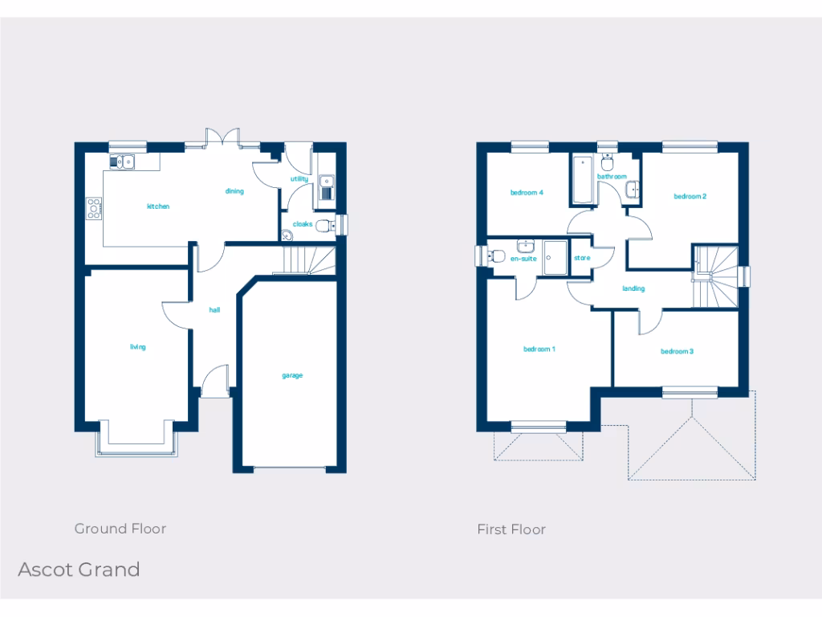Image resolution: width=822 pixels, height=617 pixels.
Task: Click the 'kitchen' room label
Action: pos(158,206)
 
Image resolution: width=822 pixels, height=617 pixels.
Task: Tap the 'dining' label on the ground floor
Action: pos(234,191)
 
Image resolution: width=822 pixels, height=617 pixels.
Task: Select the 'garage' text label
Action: pos(292,375)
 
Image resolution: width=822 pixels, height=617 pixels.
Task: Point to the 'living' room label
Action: pos(137,347)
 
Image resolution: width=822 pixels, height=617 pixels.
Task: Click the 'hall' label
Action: pos(214,309)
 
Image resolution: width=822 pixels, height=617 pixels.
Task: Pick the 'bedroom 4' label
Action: pos(527,193)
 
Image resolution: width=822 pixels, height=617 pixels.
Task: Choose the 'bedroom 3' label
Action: pos(677,351)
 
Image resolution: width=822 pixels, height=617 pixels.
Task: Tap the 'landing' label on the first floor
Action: pos(633,288)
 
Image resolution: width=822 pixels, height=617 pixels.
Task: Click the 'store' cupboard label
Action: pos(582,258)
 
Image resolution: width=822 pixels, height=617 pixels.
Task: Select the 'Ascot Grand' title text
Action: pos(79,570)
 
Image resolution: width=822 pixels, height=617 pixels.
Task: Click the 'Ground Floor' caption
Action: pos(120,529)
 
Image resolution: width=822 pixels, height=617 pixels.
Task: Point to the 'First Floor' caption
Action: pos(511,529)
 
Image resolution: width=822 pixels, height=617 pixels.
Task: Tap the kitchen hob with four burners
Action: pos(94,208)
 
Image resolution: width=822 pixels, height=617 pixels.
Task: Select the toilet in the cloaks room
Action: pos(326,226)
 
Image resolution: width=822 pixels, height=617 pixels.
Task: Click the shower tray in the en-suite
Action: pos(555,257)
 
